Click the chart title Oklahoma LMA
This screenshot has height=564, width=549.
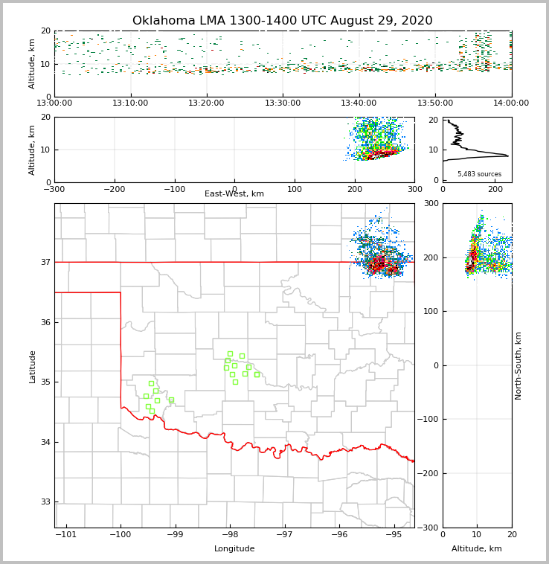[282, 21]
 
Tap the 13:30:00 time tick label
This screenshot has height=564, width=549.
[283, 103]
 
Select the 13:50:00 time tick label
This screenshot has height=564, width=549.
[435, 103]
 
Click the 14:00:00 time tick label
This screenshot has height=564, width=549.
[511, 103]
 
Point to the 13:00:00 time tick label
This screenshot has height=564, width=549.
[54, 103]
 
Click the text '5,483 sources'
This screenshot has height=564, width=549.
[479, 174]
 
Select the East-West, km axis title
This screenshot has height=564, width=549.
[234, 194]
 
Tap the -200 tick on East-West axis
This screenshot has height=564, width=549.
[115, 189]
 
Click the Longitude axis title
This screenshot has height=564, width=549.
[234, 549]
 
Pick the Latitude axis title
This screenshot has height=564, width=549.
[33, 366]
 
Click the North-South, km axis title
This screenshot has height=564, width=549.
[518, 365]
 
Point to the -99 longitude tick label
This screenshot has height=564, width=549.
[175, 535]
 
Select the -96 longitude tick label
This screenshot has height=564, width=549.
[338, 535]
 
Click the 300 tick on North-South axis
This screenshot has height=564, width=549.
[431, 203]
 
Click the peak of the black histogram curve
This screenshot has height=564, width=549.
[508, 156]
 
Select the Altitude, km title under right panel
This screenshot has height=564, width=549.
[477, 549]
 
